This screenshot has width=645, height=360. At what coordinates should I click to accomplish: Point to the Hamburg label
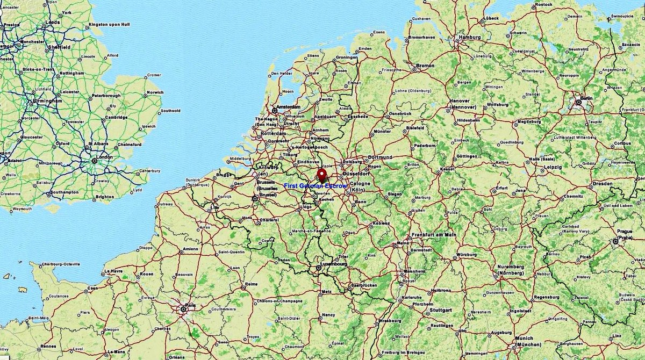pos(469,37)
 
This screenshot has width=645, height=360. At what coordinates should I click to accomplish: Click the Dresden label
pos(602,183)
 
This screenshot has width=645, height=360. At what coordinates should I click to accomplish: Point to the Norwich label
pos(155,92)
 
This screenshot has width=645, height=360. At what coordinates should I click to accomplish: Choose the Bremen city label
pos(425,65)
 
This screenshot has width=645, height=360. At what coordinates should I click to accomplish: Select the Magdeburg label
pos(529,121)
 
